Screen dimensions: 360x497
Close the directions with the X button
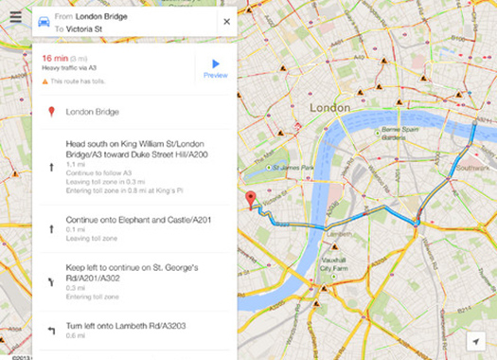[226, 21]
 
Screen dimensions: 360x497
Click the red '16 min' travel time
[53, 58]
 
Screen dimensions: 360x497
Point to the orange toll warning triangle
[44, 81]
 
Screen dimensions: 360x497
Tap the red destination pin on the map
[251, 198]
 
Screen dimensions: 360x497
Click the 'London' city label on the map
[336, 108]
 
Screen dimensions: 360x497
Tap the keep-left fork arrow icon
[49, 280]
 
